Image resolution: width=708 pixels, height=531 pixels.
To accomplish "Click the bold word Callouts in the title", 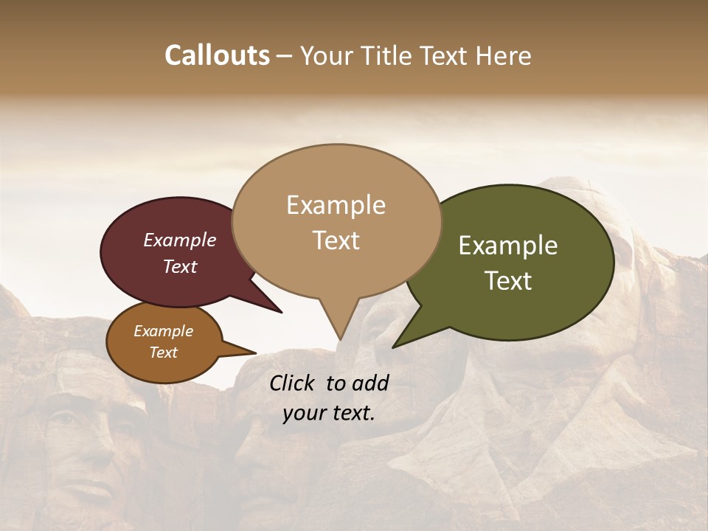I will tap(217, 55).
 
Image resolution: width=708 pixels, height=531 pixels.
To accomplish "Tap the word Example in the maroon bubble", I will tap(179, 240).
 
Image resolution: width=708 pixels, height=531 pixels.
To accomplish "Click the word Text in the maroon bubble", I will tap(179, 266).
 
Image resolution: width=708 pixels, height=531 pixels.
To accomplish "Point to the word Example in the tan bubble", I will tap(336, 204).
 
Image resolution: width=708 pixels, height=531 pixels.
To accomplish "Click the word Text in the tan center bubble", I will tap(336, 240).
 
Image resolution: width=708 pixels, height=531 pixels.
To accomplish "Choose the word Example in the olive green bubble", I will tap(508, 246).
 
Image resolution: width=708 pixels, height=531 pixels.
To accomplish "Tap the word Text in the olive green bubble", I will tap(508, 280).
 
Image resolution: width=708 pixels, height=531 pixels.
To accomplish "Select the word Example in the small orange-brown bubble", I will tap(163, 331).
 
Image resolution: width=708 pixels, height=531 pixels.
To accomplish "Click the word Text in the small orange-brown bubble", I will tap(163, 353).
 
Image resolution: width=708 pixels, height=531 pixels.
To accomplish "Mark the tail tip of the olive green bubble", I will tap(394, 346).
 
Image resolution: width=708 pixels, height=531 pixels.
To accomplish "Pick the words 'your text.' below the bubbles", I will tap(329, 413).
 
